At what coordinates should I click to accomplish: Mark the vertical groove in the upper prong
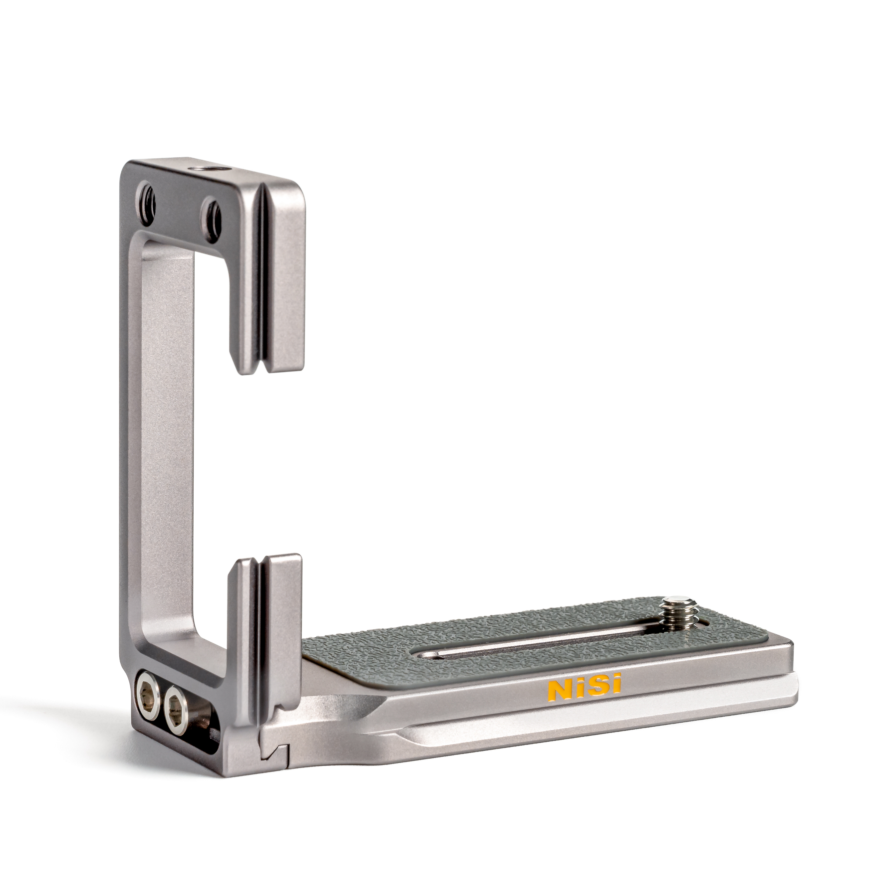pos(261,272)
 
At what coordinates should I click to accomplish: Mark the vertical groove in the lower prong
pos(259,636)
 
